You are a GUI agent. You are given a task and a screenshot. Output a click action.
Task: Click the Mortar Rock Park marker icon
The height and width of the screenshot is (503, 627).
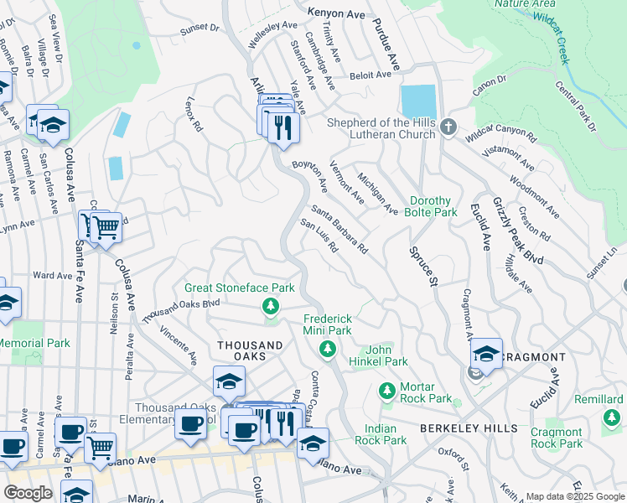click(386, 391)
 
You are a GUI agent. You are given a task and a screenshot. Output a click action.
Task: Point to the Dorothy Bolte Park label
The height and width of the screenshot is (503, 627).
click(433, 207)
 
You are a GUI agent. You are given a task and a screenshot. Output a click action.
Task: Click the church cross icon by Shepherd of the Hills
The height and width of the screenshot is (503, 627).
click(448, 127)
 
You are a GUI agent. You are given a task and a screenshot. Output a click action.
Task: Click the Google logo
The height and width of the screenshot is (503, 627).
click(28, 493)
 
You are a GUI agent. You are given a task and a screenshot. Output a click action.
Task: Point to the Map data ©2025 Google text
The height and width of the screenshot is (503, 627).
click(574, 496)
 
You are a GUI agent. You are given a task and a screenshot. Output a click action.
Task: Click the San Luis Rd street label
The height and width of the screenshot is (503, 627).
click(319, 237)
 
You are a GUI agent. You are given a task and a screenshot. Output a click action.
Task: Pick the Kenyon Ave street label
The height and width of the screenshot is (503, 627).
click(314, 13)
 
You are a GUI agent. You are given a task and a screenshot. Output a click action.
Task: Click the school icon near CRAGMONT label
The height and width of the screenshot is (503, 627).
click(485, 354)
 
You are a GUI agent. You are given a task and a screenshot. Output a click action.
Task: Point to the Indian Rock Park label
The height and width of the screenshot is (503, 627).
click(381, 433)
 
